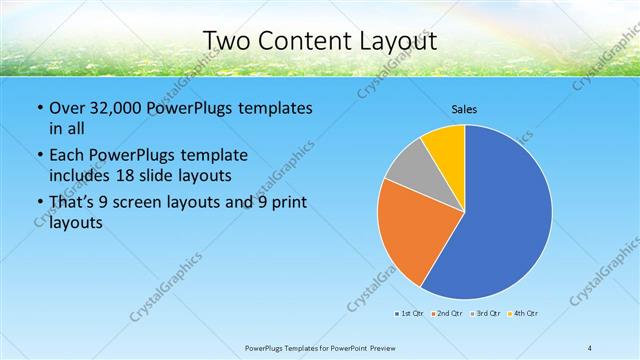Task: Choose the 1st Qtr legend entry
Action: [408, 314]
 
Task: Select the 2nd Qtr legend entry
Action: [444, 314]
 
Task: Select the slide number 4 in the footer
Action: [590, 348]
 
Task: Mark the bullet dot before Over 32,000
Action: [39, 108]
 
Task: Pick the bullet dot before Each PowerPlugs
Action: [39, 156]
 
